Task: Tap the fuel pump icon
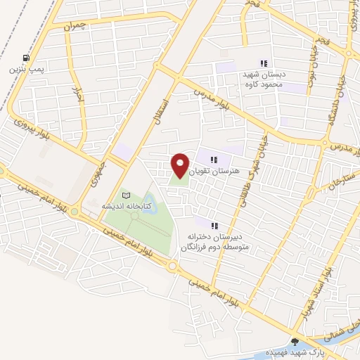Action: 26,58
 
